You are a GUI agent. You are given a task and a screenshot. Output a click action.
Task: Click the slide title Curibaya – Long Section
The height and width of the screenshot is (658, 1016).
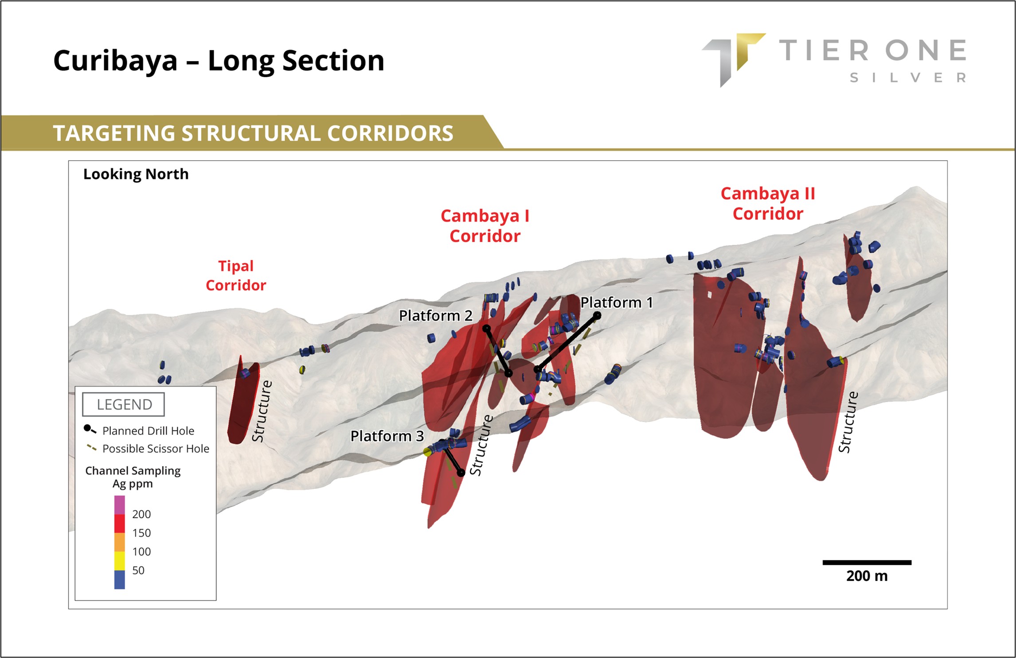[x=219, y=61]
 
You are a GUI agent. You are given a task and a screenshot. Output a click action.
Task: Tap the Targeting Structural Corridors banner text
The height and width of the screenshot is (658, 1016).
[x=253, y=133]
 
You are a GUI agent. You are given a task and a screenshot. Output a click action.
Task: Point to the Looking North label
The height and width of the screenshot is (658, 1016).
[x=136, y=174]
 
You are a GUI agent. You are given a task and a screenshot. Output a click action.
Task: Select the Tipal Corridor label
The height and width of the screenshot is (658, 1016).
[x=236, y=275]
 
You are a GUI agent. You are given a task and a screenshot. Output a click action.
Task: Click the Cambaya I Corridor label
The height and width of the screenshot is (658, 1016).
[x=485, y=226]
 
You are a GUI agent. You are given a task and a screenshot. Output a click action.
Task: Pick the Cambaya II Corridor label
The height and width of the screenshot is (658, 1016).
[x=768, y=204]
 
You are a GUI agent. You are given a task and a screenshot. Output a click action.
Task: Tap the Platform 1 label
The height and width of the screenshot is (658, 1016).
[x=617, y=302]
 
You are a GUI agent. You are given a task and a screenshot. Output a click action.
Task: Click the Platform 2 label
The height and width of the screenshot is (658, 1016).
[x=435, y=316]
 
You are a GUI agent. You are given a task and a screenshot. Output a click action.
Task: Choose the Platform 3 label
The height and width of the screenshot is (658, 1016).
[x=387, y=436]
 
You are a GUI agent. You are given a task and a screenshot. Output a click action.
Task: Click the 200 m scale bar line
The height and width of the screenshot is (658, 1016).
[x=867, y=563]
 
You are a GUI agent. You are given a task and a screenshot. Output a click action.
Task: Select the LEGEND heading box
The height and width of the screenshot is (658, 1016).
[x=124, y=404]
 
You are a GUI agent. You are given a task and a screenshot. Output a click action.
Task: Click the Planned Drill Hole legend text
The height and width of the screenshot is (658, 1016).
[x=148, y=431]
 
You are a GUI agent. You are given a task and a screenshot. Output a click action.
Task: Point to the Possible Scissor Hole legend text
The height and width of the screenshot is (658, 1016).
[x=156, y=449]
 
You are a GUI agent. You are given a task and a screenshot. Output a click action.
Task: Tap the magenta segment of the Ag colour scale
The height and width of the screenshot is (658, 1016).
[x=120, y=505]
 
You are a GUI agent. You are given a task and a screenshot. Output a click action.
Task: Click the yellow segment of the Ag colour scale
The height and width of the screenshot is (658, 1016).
[x=120, y=561]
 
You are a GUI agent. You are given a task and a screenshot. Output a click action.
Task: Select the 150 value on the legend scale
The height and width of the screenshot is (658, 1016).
[x=141, y=533]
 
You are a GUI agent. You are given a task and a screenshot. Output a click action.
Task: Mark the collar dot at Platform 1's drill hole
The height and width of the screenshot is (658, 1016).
[x=597, y=316]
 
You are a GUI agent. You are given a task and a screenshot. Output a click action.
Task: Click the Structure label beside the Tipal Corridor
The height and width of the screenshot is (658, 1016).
[x=262, y=411]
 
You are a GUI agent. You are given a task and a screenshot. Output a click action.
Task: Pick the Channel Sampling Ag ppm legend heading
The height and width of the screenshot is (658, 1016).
[x=133, y=477]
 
